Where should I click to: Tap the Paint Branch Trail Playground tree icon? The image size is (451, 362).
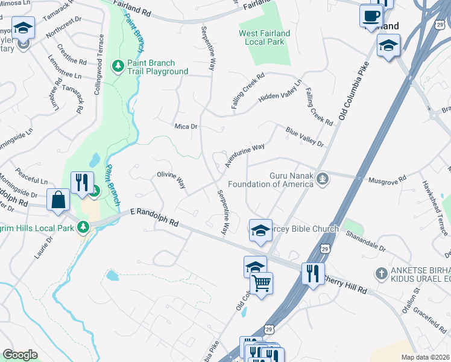119,66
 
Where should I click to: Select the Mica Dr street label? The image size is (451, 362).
186,126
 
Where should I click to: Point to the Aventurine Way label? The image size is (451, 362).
245,156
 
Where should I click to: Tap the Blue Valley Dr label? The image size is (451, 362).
304,136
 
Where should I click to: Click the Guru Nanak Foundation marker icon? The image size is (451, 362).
324,178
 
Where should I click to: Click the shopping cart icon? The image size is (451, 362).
262,282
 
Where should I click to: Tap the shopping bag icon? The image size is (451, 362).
58,200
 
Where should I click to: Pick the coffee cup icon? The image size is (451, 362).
371,14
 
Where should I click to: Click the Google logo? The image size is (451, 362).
20,355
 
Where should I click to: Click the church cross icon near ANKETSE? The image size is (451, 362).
381,273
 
